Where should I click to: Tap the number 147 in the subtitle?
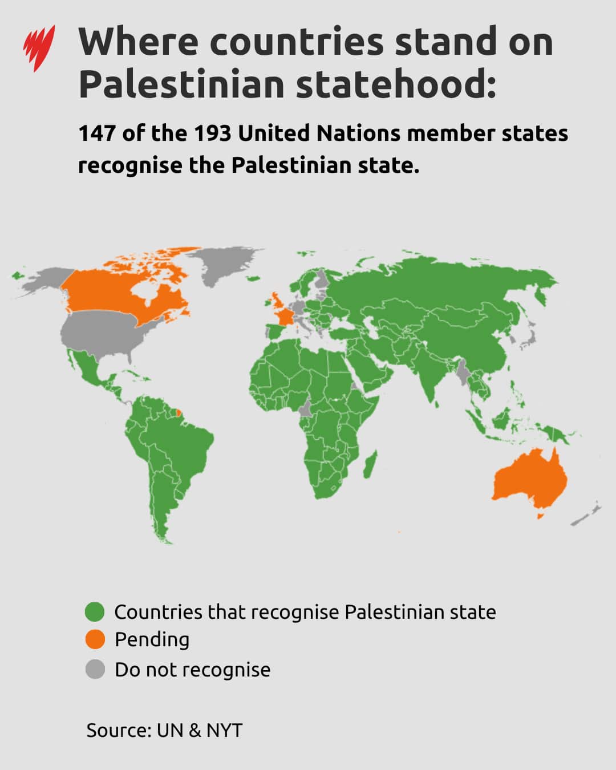(x=96, y=133)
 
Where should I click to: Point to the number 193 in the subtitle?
(x=212, y=133)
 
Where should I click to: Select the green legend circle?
(x=95, y=612)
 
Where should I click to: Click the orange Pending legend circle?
(x=95, y=639)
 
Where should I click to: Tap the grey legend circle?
(x=95, y=669)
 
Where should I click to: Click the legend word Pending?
(x=152, y=640)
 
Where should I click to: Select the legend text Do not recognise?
(x=192, y=670)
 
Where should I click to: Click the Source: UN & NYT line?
(x=164, y=730)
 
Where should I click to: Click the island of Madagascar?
(x=369, y=464)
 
